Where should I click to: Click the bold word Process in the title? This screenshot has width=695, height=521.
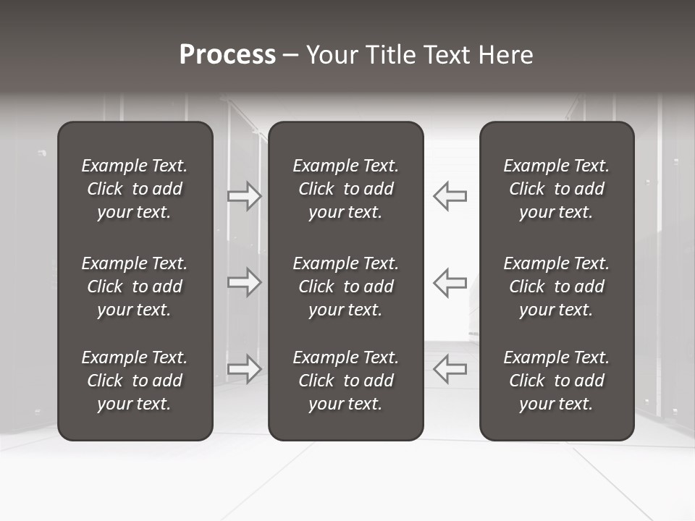coord(227,55)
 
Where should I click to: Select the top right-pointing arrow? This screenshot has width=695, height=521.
coord(245,196)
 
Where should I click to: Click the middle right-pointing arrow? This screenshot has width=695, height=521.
coord(245,282)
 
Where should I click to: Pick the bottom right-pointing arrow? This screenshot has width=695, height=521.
coord(245,368)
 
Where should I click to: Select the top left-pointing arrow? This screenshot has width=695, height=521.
coord(450,196)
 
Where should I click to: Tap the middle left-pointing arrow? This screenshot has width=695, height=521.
coord(450,282)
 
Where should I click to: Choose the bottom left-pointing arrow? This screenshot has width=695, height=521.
coord(450,368)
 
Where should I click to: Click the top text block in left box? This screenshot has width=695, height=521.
coord(135,189)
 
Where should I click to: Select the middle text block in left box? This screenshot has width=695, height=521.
coord(135,287)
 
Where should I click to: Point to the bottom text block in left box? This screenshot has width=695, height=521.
coord(135,381)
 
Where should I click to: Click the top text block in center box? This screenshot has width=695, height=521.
coord(345,189)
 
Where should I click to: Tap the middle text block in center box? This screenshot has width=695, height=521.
coord(345,287)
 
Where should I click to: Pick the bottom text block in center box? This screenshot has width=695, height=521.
coord(345,381)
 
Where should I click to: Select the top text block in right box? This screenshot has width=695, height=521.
coord(556,189)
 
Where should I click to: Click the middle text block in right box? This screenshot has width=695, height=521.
coord(556,287)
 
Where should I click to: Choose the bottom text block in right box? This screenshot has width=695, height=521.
coord(556,381)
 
